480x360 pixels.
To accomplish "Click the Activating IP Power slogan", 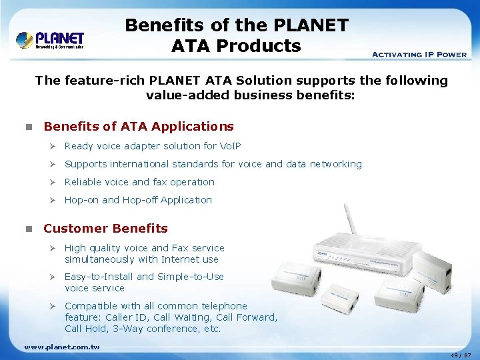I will [419, 54].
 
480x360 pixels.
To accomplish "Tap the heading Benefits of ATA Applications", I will [139, 127].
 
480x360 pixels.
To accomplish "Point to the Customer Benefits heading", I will [105, 229].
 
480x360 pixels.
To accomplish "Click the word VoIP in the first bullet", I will [229, 146].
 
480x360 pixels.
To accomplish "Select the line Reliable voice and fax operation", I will [139, 182].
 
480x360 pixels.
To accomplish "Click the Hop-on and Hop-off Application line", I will [138, 200].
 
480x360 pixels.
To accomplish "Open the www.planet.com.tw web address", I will [62, 347].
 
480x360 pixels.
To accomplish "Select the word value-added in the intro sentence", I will [176, 95].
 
